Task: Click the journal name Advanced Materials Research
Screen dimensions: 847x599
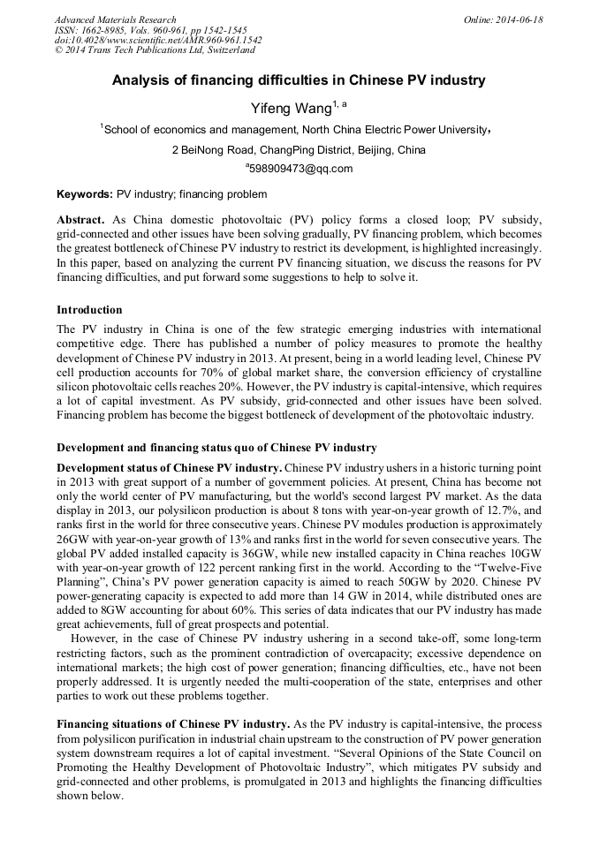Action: tap(115, 19)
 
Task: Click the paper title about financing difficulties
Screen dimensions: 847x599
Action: tap(299, 80)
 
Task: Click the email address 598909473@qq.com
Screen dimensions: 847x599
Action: tap(300, 169)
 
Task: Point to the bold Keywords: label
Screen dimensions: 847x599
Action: tap(85, 194)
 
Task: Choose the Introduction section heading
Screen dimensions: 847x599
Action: tap(89, 310)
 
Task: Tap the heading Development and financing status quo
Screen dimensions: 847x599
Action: tap(216, 448)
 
